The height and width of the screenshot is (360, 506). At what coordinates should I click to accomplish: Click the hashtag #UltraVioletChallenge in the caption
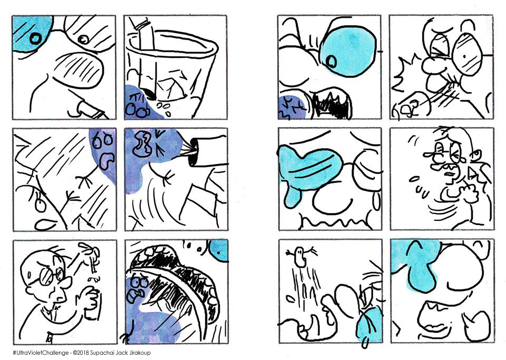click(41, 353)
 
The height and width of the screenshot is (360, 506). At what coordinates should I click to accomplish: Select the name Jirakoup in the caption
click(139, 353)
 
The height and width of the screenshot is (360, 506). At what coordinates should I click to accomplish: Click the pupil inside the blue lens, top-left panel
click(35, 38)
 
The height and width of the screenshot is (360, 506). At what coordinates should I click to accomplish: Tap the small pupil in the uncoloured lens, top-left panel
click(84, 40)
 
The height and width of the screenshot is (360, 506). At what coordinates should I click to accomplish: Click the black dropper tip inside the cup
click(150, 94)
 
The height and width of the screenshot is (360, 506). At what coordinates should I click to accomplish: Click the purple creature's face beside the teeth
click(137, 287)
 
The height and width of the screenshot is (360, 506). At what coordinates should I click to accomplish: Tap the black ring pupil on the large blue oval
click(331, 61)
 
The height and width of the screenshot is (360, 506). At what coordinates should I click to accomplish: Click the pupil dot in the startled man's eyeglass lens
click(464, 56)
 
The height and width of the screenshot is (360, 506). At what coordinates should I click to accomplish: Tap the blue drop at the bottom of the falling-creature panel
click(369, 325)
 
